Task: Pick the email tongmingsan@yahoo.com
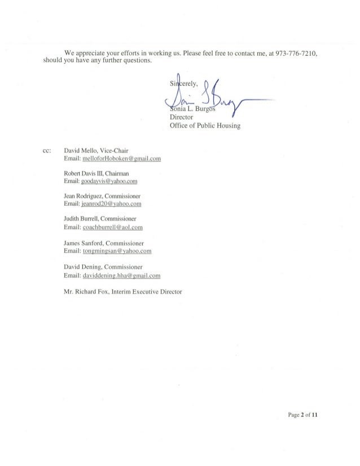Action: click(117, 251)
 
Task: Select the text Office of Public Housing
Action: click(205, 126)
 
